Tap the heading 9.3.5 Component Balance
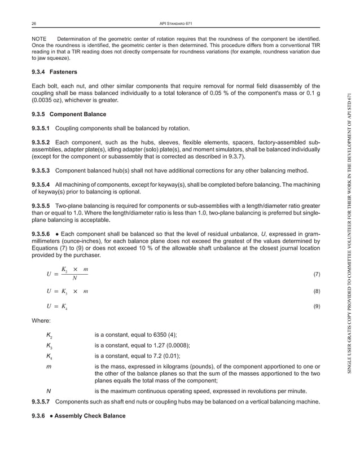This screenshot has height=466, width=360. tap(68, 114)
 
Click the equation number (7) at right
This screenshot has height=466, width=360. tap(317, 274)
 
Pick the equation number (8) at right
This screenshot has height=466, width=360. tap(317, 291)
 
